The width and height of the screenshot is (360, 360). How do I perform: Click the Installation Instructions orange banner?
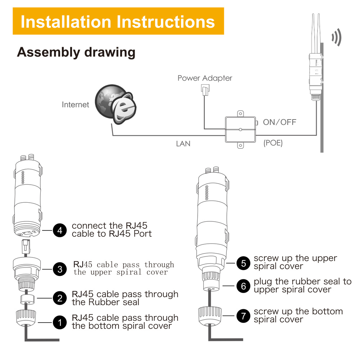pos(118,21)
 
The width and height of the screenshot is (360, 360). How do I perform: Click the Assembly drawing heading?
pos(76,52)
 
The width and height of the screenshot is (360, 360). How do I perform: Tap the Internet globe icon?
pos(116,104)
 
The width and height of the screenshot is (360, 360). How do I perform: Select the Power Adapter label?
pos(205,78)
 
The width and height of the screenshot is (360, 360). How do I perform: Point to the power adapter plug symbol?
pos(205,90)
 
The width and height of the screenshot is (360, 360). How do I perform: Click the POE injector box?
pos(240,130)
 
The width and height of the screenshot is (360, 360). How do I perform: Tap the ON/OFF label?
pos(279,122)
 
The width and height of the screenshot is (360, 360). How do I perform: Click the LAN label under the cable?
pos(183,144)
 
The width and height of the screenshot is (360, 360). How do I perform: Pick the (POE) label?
pos(273,143)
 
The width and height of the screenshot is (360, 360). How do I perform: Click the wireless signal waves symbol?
pos(337,37)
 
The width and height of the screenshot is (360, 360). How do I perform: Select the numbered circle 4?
pos(60,230)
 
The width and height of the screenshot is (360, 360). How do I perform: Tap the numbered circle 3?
pos(60,269)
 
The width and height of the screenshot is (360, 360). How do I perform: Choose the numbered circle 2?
pos(60,298)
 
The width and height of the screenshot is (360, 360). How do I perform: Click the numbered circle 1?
pos(60,322)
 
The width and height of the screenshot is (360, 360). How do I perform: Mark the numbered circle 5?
pos(243,264)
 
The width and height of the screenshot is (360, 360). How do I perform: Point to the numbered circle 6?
pos(243,286)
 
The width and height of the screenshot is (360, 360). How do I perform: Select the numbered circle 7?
pos(243,316)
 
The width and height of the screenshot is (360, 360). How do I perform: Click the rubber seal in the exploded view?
pos(28,299)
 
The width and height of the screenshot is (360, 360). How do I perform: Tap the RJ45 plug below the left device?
pos(26,247)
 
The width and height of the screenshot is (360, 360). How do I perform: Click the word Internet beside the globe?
pos(75,105)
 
